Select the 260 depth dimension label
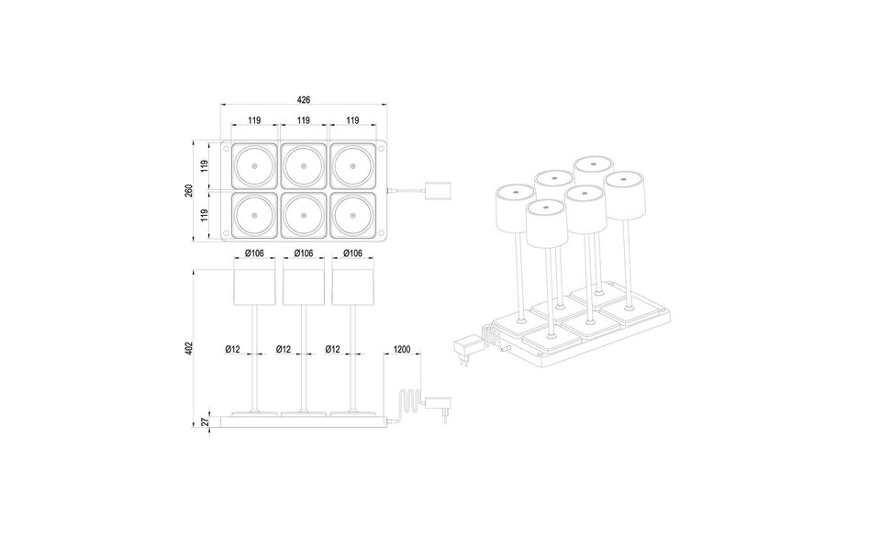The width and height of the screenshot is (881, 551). [189, 191]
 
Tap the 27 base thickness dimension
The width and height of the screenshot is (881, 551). [204, 422]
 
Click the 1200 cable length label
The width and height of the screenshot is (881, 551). [401, 349]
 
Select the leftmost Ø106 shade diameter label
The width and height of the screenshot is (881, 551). [255, 253]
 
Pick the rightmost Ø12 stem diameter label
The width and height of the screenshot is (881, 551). [335, 349]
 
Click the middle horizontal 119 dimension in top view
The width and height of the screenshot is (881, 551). [303, 120]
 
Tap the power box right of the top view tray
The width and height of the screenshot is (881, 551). [437, 191]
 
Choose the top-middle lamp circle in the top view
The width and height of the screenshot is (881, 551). [303, 166]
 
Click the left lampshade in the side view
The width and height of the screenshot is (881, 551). [255, 287]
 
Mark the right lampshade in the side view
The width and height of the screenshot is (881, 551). [352, 287]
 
